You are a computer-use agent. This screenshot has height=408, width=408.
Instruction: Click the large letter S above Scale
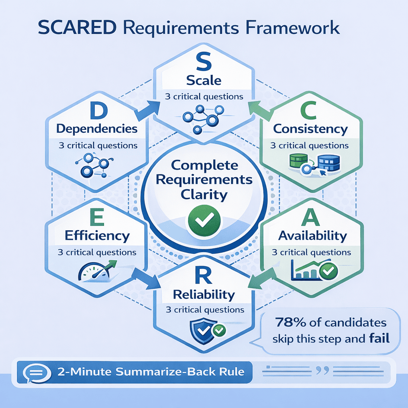tap(204, 63)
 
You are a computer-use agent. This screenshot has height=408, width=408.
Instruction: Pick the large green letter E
tap(97, 218)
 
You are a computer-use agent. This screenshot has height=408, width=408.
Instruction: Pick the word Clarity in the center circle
tap(204, 195)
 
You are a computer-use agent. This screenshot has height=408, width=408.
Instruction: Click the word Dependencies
tap(97, 129)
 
